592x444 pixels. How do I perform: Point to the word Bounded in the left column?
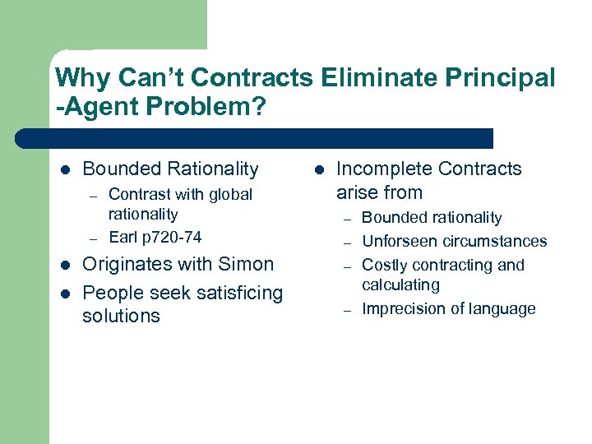(x=120, y=169)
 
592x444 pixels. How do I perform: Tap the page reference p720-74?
(x=171, y=237)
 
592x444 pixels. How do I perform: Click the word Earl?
(x=123, y=237)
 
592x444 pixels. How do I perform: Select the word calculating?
(x=400, y=284)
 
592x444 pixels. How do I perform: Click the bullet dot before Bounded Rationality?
(x=65, y=170)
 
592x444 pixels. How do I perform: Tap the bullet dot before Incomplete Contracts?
(x=318, y=170)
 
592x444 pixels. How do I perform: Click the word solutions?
(x=121, y=317)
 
